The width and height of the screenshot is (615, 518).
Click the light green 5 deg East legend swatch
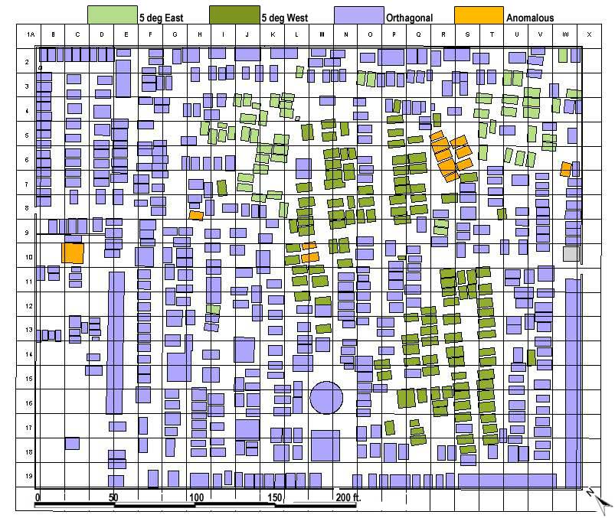coord(112,15)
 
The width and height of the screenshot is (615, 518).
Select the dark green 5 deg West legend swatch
coord(234,15)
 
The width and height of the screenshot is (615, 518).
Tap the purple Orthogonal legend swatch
coord(359,15)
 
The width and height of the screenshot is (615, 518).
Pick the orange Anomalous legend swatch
coord(478,15)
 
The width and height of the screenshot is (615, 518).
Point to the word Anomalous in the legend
coord(530,18)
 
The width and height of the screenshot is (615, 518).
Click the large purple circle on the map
coord(326,398)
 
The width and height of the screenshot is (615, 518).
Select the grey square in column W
coord(571,253)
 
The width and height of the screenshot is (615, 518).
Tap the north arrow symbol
coord(599,500)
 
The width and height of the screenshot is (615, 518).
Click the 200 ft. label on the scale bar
coord(347,497)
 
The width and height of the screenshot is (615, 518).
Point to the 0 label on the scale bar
coord(38,497)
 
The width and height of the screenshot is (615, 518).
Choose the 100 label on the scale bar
coord(196,497)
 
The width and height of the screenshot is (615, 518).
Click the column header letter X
coord(589,35)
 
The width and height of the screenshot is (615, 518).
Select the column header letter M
coord(321,35)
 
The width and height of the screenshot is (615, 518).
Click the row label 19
coord(27,476)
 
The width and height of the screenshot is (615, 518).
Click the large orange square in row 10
coord(73,252)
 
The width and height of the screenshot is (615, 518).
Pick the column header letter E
coord(126,35)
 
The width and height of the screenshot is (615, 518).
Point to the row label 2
coord(27,62)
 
